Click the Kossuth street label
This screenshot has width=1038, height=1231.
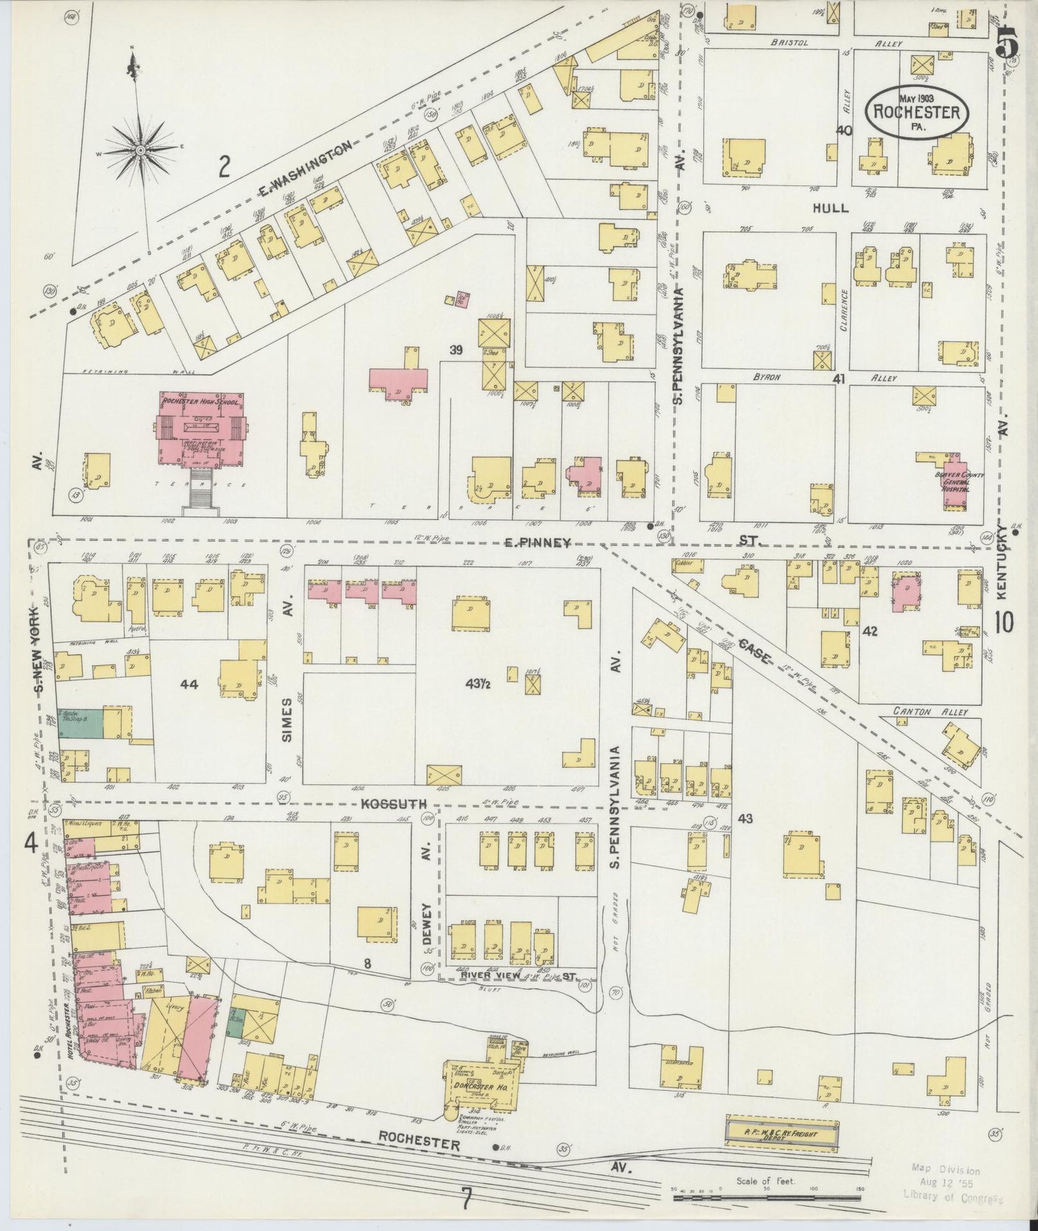tap(394, 803)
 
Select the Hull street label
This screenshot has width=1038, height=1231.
tap(830, 208)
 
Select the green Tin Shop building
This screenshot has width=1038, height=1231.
tap(80, 722)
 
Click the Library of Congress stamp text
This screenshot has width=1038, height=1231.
tap(953, 1197)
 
